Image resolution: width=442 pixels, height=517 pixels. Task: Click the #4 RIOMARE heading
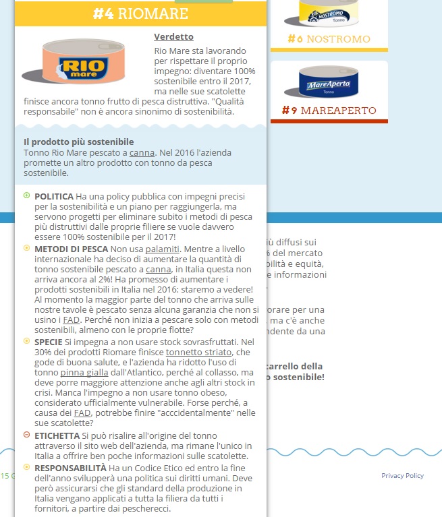coord(141,13)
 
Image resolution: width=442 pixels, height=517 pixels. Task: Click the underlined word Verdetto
coord(173,36)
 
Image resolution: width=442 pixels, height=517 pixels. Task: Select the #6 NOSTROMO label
coord(329,39)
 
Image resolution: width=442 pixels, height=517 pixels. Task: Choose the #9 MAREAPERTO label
coord(329,110)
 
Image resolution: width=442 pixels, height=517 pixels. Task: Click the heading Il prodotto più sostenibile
coord(78,142)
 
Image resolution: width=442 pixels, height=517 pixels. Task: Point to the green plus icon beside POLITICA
coord(26,195)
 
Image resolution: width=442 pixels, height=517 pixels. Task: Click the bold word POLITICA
coord(54,196)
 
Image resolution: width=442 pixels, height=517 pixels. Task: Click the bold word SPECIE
coord(49,342)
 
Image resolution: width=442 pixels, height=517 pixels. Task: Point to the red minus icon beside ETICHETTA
coord(26,435)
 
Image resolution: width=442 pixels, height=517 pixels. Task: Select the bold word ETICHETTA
coord(57,435)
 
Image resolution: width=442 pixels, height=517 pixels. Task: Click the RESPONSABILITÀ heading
coord(70,466)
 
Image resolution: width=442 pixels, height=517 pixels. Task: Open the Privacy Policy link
coord(402,476)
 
